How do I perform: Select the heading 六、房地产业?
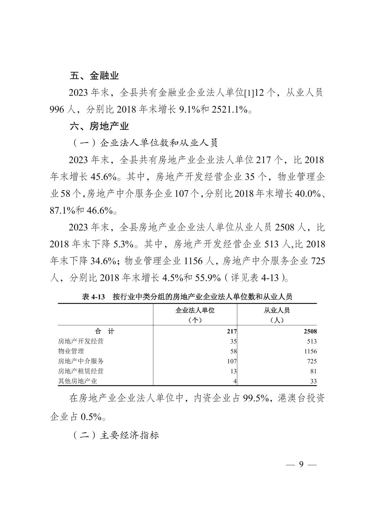99,126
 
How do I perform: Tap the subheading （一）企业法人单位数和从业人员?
145,143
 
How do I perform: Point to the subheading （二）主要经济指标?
116,435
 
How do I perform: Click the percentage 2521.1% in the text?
230,110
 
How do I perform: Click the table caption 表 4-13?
93,297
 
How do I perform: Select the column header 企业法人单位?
195,310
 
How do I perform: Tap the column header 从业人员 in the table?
277,310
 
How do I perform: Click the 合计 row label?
105,332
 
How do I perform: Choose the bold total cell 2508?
310,332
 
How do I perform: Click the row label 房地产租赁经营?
81,371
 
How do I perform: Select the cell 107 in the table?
232,361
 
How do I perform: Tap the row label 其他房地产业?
78,381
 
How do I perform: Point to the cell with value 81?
313,371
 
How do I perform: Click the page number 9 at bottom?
301,464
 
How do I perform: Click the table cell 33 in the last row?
313,381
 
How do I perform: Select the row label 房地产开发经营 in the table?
81,341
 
